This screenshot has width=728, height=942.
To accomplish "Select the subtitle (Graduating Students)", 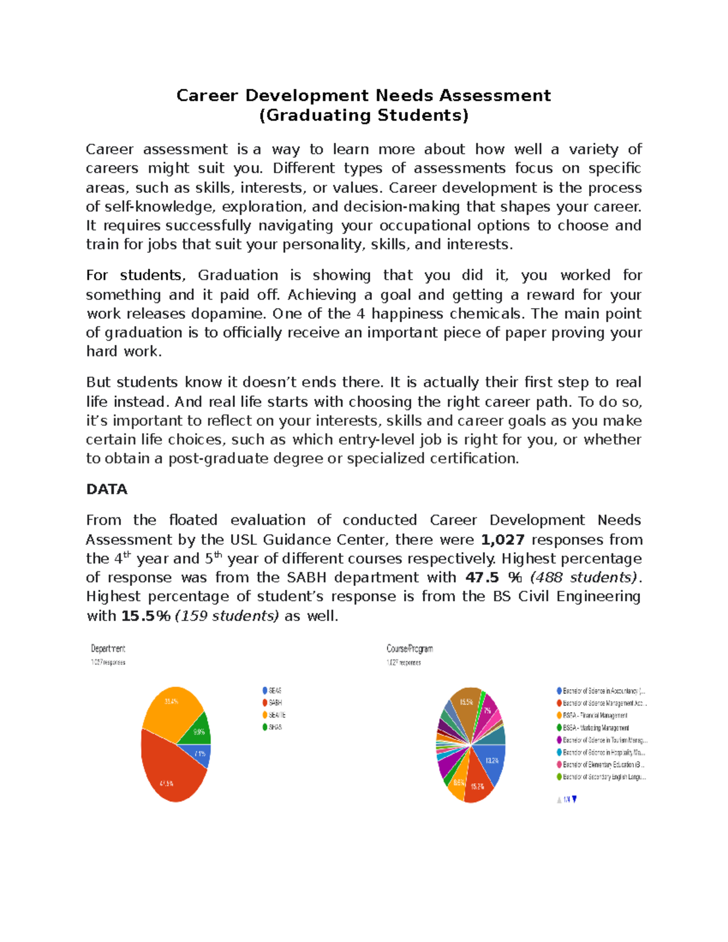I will tap(364, 115).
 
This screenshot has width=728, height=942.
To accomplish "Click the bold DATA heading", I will tap(107, 490).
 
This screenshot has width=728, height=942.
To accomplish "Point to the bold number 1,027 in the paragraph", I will tap(502, 540).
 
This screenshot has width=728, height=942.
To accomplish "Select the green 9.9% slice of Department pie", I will tap(198, 730).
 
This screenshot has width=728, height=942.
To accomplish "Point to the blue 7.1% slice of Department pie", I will tap(200, 754).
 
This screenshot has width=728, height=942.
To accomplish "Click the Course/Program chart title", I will tap(409, 648).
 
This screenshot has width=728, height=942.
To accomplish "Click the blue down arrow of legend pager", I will tap(575, 799).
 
